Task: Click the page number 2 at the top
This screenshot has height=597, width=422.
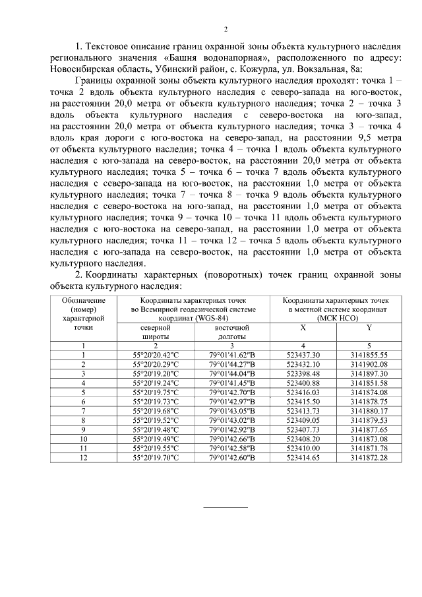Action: (226, 29)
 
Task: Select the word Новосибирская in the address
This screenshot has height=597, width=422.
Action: (82, 69)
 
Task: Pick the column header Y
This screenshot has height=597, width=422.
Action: (369, 327)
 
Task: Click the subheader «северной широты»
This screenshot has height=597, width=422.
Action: (156, 332)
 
